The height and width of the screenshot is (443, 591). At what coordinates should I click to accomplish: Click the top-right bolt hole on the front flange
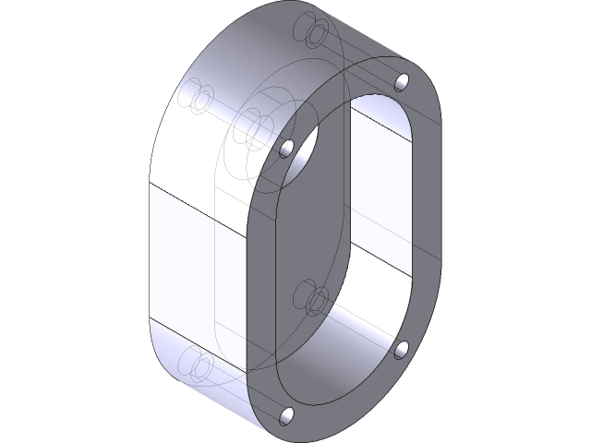(x=401, y=83)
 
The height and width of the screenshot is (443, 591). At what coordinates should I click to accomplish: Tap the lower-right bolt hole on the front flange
(x=402, y=348)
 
